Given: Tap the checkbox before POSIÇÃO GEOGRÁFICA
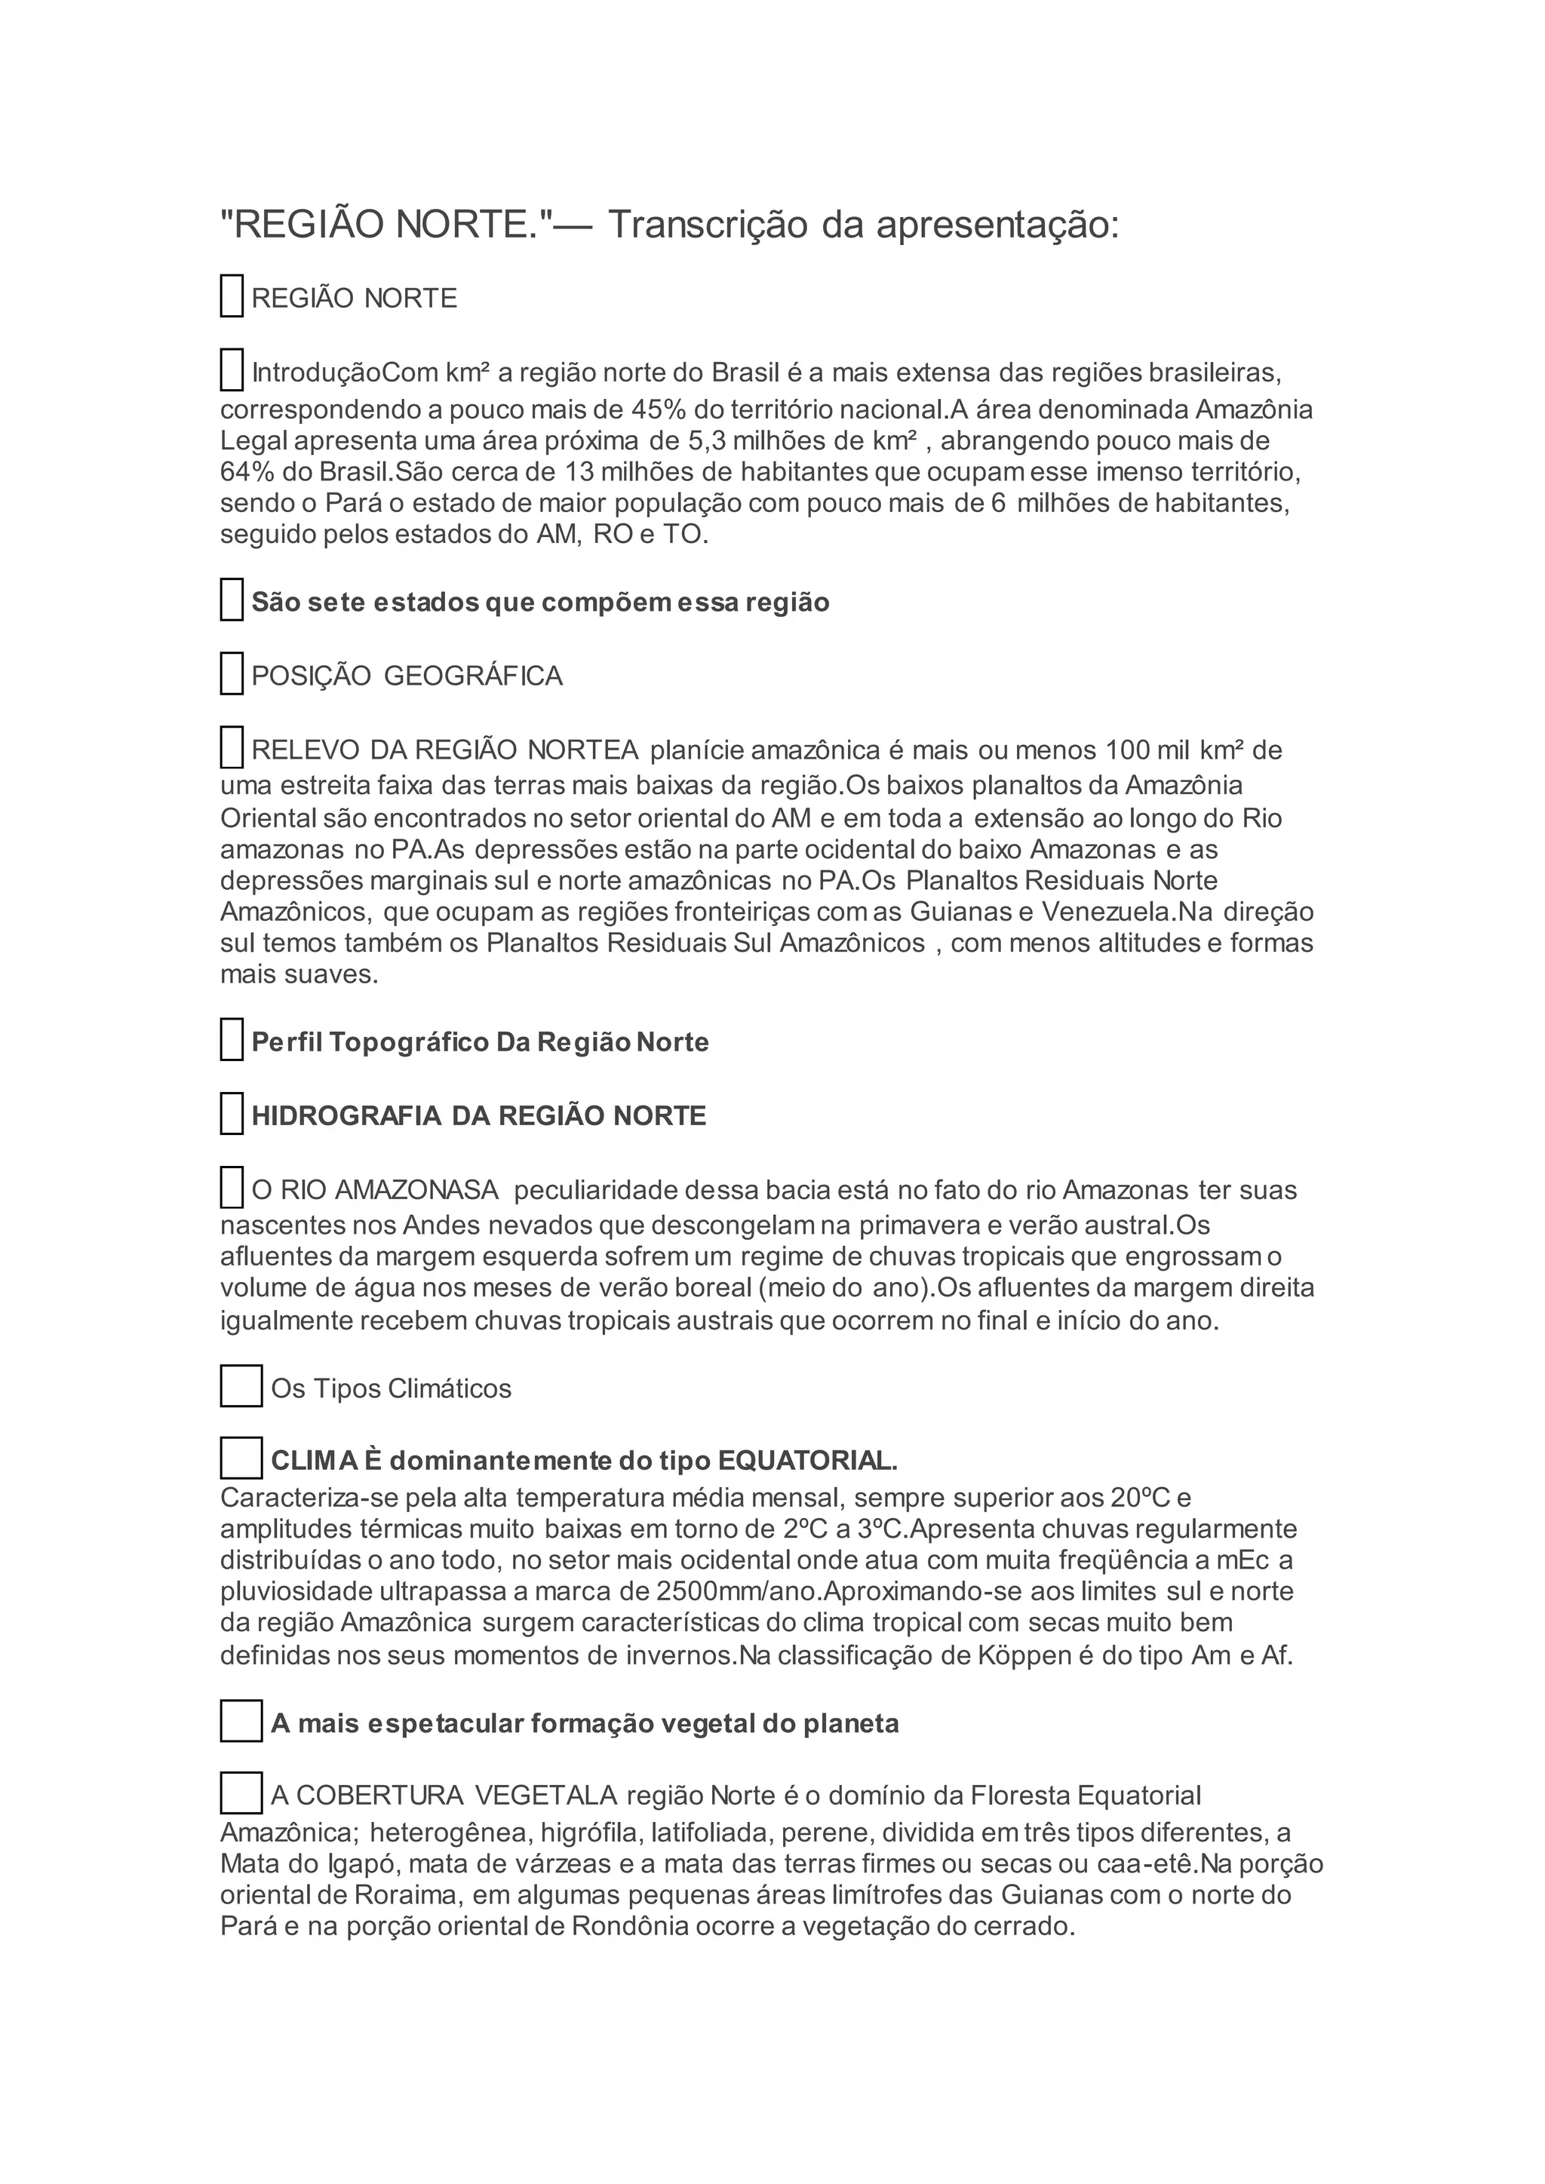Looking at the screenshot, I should click(231, 673).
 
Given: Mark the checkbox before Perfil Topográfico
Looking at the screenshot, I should click(231, 1038).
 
